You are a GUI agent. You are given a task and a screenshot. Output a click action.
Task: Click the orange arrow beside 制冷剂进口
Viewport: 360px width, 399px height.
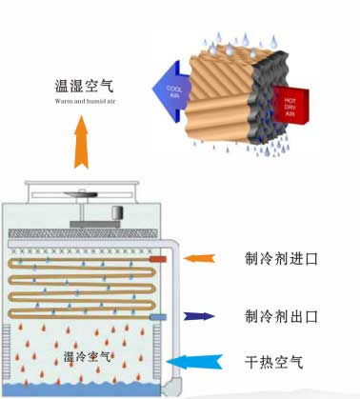[x=201, y=258]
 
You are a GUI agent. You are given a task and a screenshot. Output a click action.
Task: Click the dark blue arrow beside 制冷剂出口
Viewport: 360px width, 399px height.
[x=201, y=316]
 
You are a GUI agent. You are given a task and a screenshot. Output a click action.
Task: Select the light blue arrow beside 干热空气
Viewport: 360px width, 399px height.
[x=195, y=362]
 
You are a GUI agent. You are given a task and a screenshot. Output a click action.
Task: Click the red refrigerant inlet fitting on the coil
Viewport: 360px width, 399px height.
[x=157, y=258]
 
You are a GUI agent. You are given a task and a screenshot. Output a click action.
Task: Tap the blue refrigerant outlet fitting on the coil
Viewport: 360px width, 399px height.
[x=157, y=316]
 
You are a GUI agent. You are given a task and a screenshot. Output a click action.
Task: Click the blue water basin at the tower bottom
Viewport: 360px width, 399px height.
[x=86, y=389]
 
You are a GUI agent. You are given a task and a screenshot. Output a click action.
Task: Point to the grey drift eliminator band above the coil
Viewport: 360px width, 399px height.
[x=86, y=233]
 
